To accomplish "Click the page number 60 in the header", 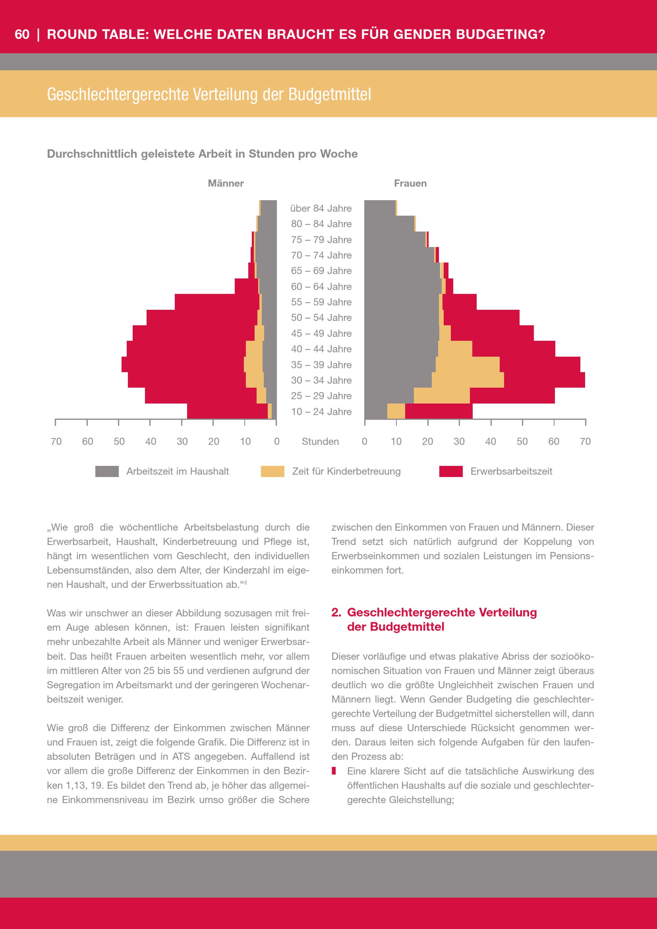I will click(22, 34).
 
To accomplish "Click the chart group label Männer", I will click(226, 183).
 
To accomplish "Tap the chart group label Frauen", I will click(410, 183).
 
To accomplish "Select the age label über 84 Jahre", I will click(321, 208).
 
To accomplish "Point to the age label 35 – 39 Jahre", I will click(321, 365).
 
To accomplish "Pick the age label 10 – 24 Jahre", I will click(321, 412).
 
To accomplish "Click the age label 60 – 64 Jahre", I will click(321, 286).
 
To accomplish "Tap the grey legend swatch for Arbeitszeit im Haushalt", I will click(107, 471).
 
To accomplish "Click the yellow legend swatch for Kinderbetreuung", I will click(272, 471).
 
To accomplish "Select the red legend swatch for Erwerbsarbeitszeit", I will click(451, 471).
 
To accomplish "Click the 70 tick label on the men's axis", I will click(56, 442).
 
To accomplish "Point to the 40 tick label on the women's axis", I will click(490, 442).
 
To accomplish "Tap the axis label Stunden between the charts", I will click(320, 442).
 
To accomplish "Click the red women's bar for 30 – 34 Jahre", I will click(544, 380).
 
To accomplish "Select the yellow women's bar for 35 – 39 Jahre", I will click(467, 365).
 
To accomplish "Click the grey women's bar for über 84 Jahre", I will click(379, 208).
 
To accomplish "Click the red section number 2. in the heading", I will click(336, 612).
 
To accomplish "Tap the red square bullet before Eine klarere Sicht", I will click(334, 771).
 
